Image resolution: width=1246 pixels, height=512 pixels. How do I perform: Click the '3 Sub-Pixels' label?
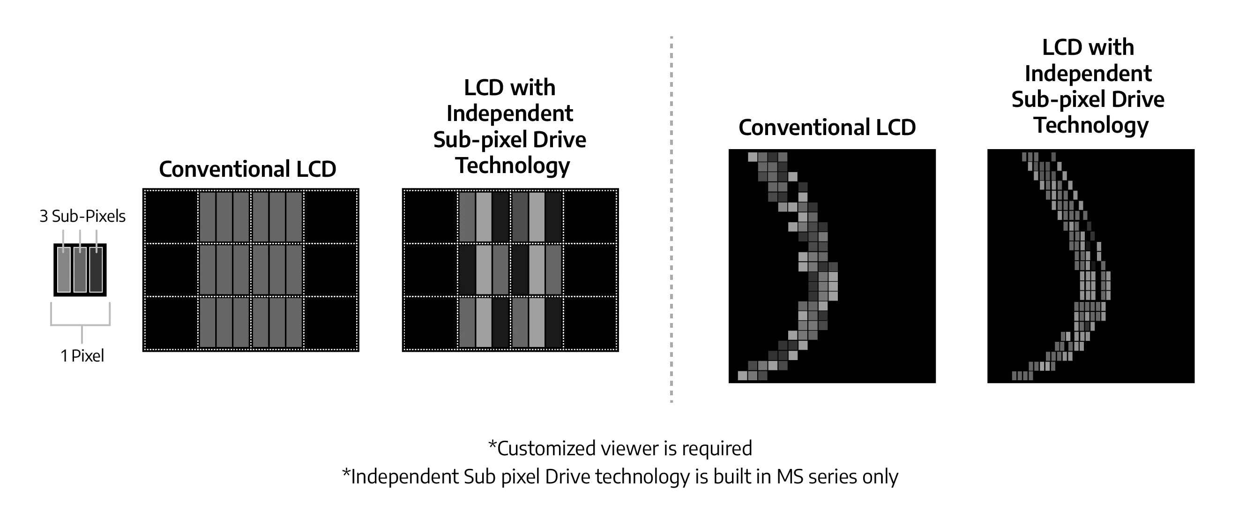[x=82, y=216]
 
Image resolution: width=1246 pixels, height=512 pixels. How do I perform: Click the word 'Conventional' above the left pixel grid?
[x=224, y=169]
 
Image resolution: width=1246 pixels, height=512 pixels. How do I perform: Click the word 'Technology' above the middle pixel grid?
[x=513, y=166]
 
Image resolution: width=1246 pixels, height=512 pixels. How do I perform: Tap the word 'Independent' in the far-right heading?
[x=1088, y=74]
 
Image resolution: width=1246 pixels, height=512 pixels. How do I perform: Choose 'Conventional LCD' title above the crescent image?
[x=827, y=128]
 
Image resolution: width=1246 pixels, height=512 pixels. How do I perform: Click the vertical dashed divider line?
[x=671, y=218]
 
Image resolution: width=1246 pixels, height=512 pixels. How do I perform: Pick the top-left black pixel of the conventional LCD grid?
[x=170, y=216]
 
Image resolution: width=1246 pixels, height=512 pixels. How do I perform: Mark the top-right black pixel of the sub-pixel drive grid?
[x=590, y=216]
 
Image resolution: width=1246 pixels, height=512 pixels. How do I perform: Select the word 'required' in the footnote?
[x=717, y=449]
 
